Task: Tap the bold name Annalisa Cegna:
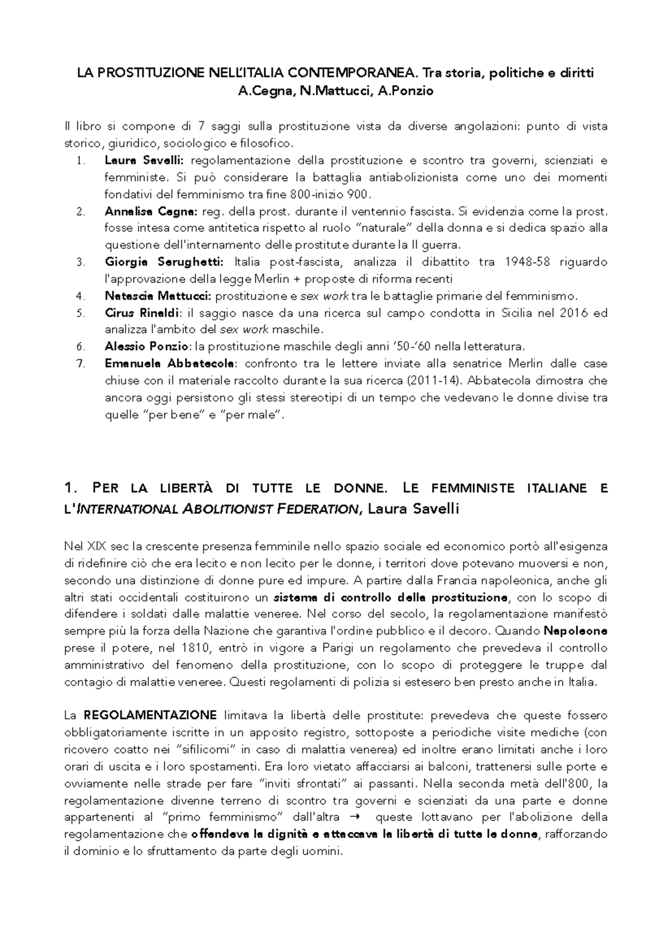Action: (151, 212)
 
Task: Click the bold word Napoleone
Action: (576, 631)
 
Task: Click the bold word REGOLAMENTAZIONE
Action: (150, 715)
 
